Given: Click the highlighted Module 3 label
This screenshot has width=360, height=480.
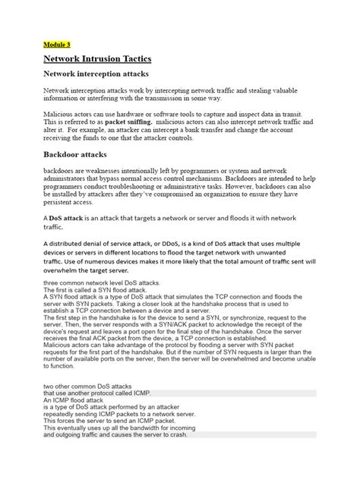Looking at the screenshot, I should click(x=56, y=43).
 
